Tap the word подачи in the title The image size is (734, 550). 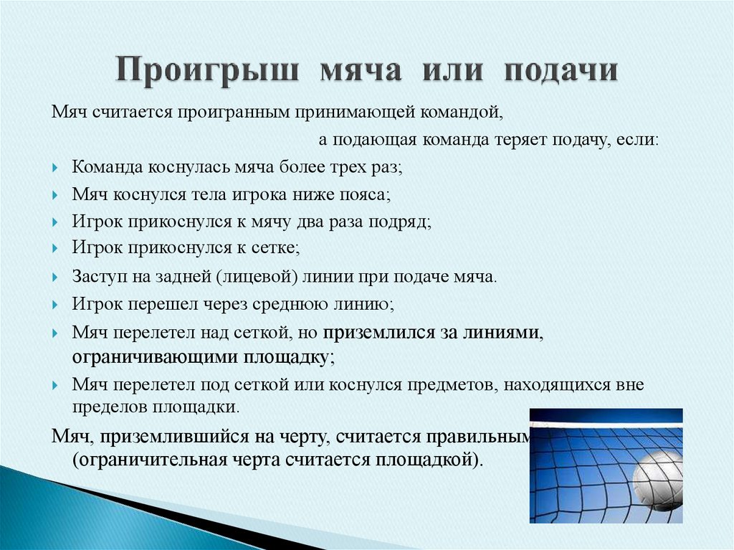[x=561, y=72]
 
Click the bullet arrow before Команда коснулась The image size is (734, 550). [x=57, y=168]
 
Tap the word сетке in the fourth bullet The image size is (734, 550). [x=275, y=248]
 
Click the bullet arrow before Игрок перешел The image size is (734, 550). [x=57, y=304]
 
